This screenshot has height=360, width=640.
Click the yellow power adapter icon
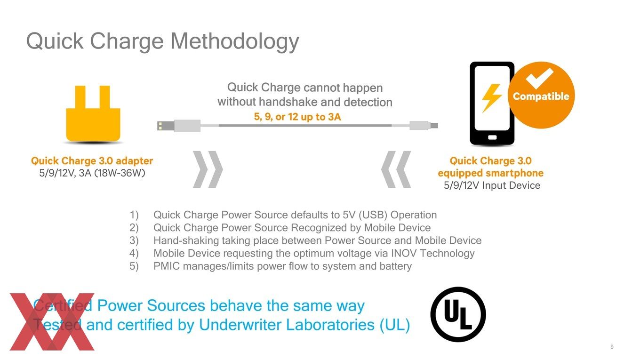click(93, 114)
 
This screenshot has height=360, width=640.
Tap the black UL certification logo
click(458, 314)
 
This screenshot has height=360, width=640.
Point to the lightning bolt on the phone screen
click(491, 98)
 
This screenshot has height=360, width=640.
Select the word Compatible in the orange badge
click(541, 96)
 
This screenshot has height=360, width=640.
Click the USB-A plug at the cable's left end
click(166, 126)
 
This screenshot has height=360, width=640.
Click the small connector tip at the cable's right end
click(434, 126)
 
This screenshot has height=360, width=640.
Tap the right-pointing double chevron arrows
click(208, 169)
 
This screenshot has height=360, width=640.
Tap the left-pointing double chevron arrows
click(396, 169)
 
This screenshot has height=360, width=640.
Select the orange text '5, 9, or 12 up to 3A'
click(297, 117)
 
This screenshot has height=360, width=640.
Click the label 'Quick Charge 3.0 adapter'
click(92, 161)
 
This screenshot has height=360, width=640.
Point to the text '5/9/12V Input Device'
click(492, 185)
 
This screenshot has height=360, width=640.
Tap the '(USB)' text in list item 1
click(373, 215)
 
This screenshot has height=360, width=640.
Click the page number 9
click(612, 346)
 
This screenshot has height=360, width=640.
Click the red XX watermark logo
click(52, 322)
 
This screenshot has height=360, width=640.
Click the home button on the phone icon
click(492, 137)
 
